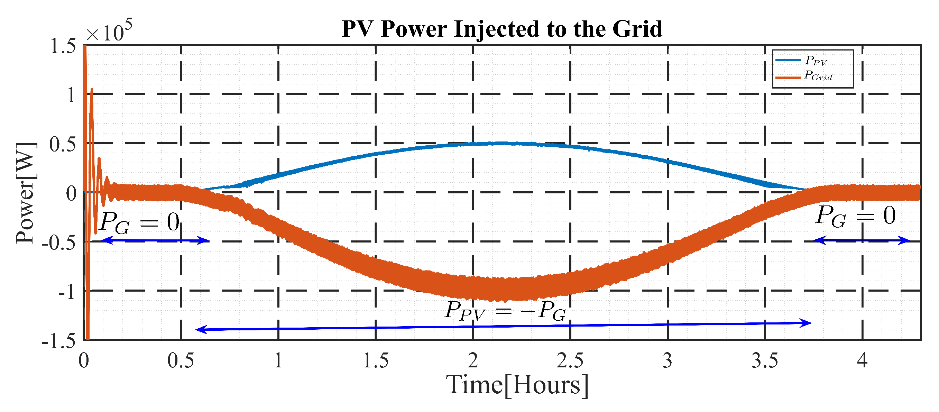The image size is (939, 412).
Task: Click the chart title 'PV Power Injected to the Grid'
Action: (x=501, y=29)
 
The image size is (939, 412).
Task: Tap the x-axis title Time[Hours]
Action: (x=517, y=385)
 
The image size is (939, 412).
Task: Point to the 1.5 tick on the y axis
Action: (x=63, y=47)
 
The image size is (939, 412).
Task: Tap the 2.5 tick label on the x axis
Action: (x=570, y=361)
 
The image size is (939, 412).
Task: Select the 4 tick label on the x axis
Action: (x=862, y=361)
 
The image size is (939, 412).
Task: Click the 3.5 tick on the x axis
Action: (x=764, y=361)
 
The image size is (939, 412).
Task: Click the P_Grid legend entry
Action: (x=818, y=76)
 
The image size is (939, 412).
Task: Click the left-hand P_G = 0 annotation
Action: (x=139, y=222)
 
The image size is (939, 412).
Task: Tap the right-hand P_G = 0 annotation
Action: (x=855, y=216)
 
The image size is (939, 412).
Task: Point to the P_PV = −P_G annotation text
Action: (x=505, y=311)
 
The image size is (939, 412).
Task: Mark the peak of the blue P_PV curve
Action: (x=503, y=143)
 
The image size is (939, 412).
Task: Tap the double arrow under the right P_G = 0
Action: (x=862, y=240)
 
